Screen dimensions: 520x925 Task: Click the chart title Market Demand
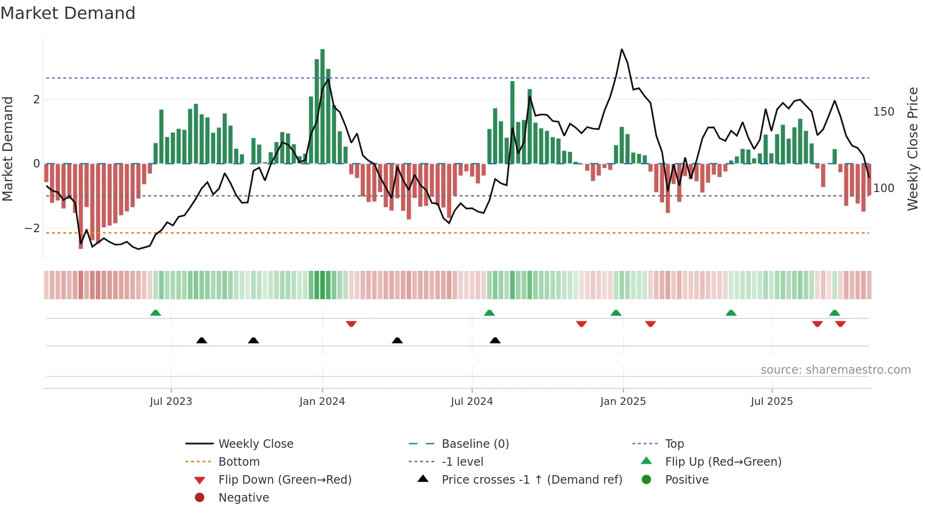click(68, 13)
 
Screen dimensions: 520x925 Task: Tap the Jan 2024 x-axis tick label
click(322, 402)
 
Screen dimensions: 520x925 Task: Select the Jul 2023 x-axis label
click(171, 402)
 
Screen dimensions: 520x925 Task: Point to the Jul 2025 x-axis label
click(772, 402)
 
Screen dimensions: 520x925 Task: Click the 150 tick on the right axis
click(883, 112)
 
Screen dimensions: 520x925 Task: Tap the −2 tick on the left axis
click(33, 228)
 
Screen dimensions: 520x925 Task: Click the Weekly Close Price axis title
click(913, 149)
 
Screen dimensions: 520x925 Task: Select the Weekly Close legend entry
click(255, 444)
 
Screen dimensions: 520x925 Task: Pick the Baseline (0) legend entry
click(475, 444)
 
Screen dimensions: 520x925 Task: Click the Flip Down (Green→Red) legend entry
click(285, 480)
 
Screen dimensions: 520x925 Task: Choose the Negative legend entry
click(244, 498)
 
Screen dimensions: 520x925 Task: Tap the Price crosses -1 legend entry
click(531, 480)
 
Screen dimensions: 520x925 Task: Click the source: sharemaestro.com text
click(835, 370)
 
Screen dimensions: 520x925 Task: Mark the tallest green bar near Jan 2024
click(322, 106)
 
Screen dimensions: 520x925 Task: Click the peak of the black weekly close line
click(622, 50)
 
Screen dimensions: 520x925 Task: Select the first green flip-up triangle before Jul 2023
click(155, 313)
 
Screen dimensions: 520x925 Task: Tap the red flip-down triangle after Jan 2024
click(351, 324)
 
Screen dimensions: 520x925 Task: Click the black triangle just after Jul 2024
click(495, 340)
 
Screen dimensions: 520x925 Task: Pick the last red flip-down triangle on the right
click(840, 324)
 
